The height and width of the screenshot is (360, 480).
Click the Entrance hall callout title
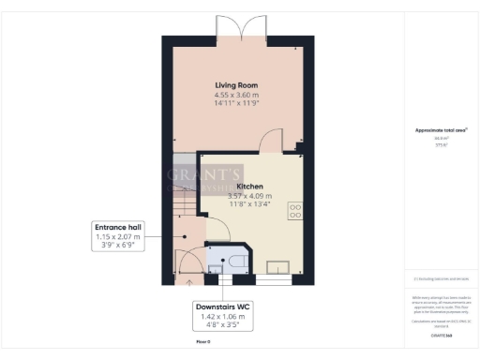[x=117, y=228]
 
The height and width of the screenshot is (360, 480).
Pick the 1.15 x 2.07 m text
[x=117, y=237]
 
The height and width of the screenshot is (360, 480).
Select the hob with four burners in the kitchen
[x=295, y=211]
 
